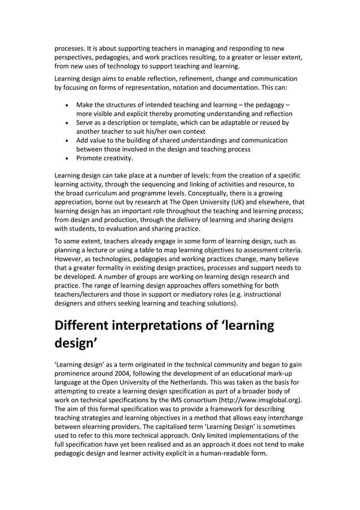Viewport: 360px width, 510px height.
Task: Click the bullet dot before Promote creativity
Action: (x=68, y=159)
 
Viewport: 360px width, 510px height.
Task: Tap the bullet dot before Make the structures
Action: (x=68, y=104)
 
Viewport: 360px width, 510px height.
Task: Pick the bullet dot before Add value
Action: (x=68, y=141)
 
